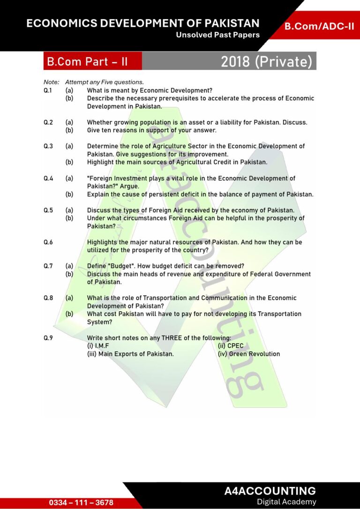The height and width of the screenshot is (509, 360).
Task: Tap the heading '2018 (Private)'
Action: pyautogui.click(x=266, y=62)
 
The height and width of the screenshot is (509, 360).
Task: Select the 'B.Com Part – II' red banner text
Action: pyautogui.click(x=87, y=62)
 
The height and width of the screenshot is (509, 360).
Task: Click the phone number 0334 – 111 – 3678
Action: pyautogui.click(x=81, y=502)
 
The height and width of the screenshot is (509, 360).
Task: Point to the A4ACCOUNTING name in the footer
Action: pyautogui.click(x=270, y=491)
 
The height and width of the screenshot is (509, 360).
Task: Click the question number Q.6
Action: pyautogui.click(x=48, y=242)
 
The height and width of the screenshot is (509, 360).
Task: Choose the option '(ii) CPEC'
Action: pyautogui.click(x=231, y=346)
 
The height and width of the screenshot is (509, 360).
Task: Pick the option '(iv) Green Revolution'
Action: pyautogui.click(x=249, y=354)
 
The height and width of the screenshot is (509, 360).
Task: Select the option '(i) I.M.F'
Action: pyautogui.click(x=98, y=346)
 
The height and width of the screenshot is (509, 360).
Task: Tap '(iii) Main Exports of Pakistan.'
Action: pyautogui.click(x=130, y=354)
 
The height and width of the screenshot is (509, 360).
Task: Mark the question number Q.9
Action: pyautogui.click(x=48, y=338)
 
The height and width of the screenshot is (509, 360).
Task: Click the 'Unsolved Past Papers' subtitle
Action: pyautogui.click(x=217, y=35)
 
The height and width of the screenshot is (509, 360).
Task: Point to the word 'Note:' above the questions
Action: pyautogui.click(x=51, y=82)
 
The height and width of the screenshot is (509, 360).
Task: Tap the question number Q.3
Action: pyautogui.click(x=48, y=146)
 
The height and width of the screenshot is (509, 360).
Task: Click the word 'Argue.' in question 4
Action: pyautogui.click(x=129, y=186)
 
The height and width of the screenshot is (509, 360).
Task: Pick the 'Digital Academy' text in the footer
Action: pyautogui.click(x=286, y=502)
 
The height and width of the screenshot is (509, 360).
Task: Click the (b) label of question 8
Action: pyautogui.click(x=69, y=314)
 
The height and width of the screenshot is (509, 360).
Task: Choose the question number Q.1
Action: pyautogui.click(x=48, y=90)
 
